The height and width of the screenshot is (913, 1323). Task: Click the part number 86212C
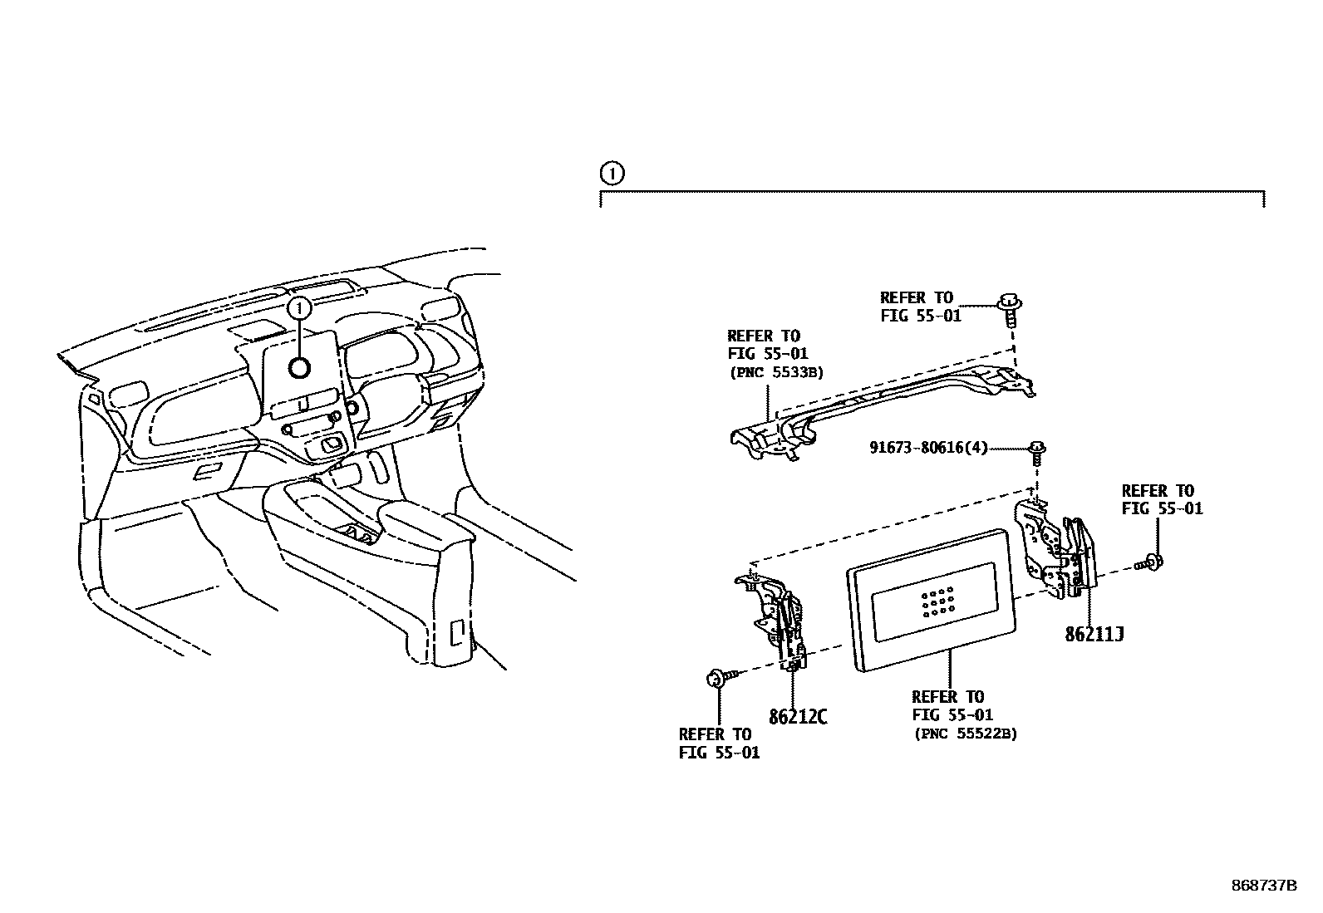pyautogui.click(x=798, y=716)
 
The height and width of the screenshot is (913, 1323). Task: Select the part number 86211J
pyautogui.click(x=1094, y=635)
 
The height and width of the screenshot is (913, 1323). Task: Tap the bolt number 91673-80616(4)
pyautogui.click(x=928, y=448)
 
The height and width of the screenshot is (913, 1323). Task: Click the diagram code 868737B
pyautogui.click(x=1263, y=886)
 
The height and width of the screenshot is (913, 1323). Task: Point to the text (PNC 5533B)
pyautogui.click(x=776, y=373)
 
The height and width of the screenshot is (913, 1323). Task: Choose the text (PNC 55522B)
pyautogui.click(x=966, y=734)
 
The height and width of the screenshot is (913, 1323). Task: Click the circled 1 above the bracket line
pyautogui.click(x=611, y=174)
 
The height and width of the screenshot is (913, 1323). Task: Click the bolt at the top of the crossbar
pyautogui.click(x=1010, y=309)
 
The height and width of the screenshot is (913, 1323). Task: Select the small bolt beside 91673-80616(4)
pyautogui.click(x=1037, y=453)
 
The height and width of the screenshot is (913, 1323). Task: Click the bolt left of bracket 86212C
pyautogui.click(x=715, y=679)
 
